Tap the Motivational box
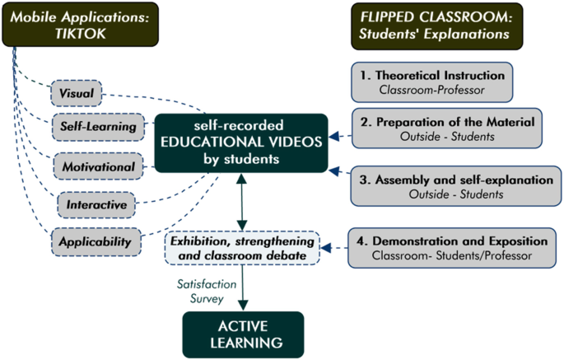point(98,167)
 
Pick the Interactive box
point(97,203)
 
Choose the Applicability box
point(95,242)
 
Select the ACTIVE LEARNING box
point(243,334)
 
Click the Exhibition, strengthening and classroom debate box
point(243,248)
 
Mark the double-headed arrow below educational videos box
point(243,203)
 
